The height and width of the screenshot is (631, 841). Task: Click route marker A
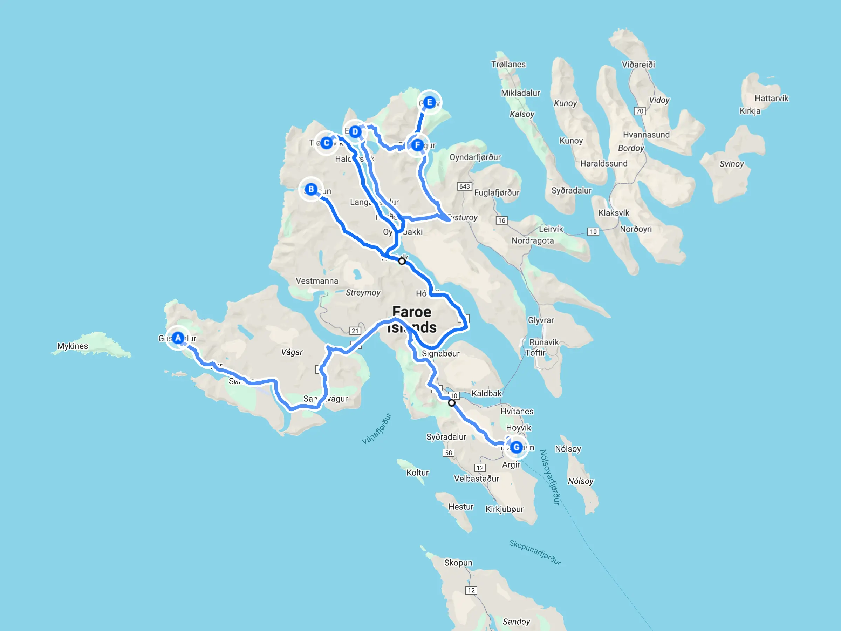tap(178, 338)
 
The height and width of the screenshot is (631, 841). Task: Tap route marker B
tap(311, 189)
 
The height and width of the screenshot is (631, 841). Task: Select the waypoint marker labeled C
tap(326, 143)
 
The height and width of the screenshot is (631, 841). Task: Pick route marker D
tap(355, 131)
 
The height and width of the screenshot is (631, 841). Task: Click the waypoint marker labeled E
tap(430, 102)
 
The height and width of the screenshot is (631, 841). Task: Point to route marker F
tap(417, 145)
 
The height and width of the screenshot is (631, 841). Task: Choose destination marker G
tap(516, 447)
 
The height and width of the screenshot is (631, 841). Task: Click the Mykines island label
tap(73, 346)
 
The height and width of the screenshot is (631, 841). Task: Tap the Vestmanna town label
tap(317, 281)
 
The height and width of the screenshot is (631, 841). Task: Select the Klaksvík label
tap(614, 213)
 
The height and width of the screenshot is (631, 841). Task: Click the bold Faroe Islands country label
tap(412, 319)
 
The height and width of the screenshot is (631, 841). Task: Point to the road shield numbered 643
tap(465, 186)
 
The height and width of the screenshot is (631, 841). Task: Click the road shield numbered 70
tap(640, 111)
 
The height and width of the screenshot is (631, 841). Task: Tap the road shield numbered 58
tap(449, 453)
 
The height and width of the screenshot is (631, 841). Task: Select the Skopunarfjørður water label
tap(535, 552)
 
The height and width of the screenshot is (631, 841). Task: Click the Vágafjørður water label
tap(376, 429)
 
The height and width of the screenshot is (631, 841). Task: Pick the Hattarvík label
tap(771, 99)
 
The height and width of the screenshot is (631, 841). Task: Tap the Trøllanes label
tap(508, 64)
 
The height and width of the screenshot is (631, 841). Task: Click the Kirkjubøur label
tap(505, 509)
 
